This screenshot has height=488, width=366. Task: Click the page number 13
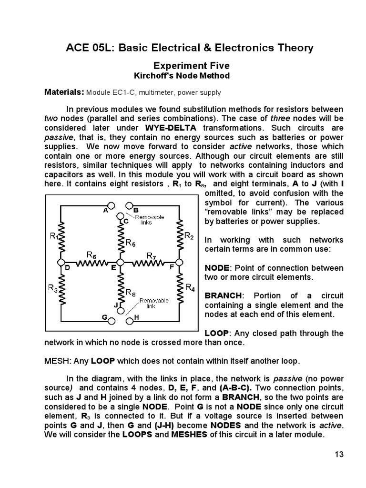tap(339, 454)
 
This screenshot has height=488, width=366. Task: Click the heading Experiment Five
tap(183, 65)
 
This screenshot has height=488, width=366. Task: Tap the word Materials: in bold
tap(64, 91)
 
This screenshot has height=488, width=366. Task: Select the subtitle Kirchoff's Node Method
tap(183, 76)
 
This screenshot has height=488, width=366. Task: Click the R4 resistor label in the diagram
tap(190, 287)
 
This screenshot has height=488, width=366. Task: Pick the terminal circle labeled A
tap(112, 205)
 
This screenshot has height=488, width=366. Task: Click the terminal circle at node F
tap(179, 262)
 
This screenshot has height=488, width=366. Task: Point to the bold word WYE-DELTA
tap(172, 128)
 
